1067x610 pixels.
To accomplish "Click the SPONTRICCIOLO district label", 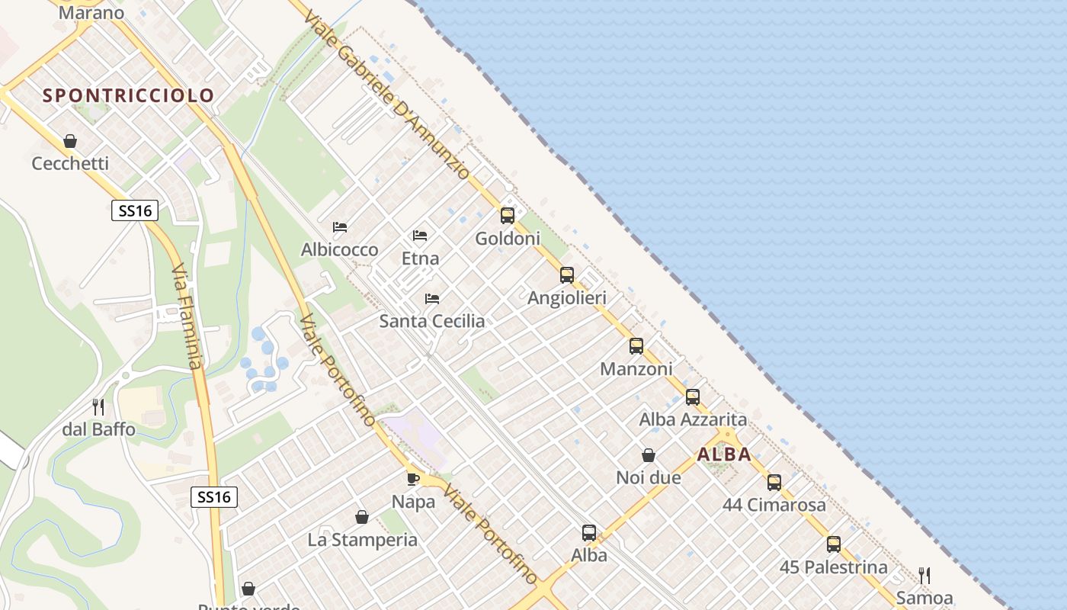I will pyautogui.click(x=128, y=95).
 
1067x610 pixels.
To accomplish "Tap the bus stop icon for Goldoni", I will pyautogui.click(x=508, y=216).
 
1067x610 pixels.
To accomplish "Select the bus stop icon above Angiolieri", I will pyautogui.click(x=567, y=275).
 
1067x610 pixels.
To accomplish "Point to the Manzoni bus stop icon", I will pyautogui.click(x=636, y=346).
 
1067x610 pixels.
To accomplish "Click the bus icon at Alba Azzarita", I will pyautogui.click(x=693, y=397).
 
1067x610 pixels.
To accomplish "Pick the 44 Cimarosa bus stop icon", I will pyautogui.click(x=774, y=483).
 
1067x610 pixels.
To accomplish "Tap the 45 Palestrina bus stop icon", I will pyautogui.click(x=834, y=544).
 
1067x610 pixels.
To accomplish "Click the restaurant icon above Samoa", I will pyautogui.click(x=924, y=575).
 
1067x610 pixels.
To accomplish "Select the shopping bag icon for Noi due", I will pyautogui.click(x=649, y=455).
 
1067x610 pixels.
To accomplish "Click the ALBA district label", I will pyautogui.click(x=724, y=454).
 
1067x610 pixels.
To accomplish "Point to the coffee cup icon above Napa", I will pyautogui.click(x=413, y=479).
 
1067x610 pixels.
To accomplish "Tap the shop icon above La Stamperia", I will pyautogui.click(x=362, y=517).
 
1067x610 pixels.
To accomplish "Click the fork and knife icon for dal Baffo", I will pyautogui.click(x=98, y=407).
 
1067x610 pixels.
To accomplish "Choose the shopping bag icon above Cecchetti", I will pyautogui.click(x=70, y=141).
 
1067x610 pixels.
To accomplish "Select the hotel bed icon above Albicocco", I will pyautogui.click(x=340, y=227).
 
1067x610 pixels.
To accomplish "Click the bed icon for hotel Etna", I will pyautogui.click(x=420, y=236).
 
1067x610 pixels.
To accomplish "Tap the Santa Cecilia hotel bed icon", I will pyautogui.click(x=432, y=298).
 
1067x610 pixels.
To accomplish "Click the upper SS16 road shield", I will pyautogui.click(x=135, y=210).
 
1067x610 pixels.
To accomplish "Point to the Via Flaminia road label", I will pyautogui.click(x=187, y=316).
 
